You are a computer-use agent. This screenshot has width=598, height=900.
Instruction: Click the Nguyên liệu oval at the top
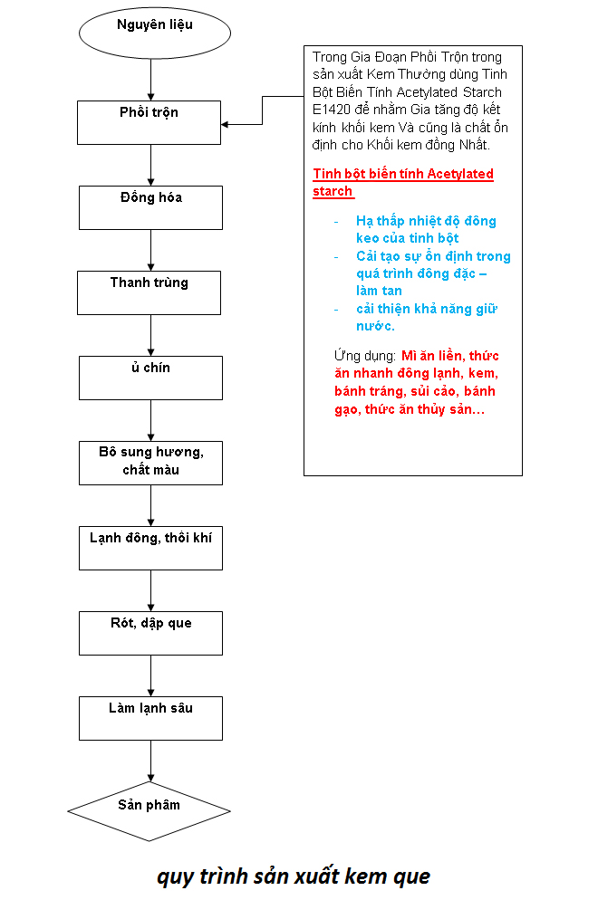click(155, 34)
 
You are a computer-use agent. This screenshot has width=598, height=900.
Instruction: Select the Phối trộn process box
click(149, 123)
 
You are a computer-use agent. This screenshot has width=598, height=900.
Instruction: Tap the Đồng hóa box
click(150, 207)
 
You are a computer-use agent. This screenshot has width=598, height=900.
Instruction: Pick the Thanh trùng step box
click(149, 292)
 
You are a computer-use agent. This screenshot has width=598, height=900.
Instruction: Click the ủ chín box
click(150, 378)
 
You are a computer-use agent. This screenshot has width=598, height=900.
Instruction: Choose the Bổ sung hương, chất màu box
click(150, 464)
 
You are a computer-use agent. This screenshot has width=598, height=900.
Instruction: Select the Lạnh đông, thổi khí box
click(150, 548)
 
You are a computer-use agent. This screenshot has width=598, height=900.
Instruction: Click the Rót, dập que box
click(150, 633)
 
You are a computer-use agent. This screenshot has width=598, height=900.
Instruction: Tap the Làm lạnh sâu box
click(150, 718)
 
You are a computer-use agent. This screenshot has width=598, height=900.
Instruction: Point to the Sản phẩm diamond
click(149, 811)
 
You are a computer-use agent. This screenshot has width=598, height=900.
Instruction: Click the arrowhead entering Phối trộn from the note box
click(225, 124)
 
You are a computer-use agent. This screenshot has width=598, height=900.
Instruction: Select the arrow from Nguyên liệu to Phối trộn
click(151, 80)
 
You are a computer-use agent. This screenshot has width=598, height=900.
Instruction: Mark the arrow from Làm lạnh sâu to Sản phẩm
click(151, 761)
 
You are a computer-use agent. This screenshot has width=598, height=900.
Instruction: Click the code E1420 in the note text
click(332, 110)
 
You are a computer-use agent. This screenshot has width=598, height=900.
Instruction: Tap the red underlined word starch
click(333, 191)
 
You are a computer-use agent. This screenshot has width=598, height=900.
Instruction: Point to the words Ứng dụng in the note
click(365, 356)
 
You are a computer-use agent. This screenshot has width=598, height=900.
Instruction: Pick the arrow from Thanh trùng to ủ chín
click(151, 336)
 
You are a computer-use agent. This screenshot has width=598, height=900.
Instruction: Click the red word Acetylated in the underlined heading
click(460, 174)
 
